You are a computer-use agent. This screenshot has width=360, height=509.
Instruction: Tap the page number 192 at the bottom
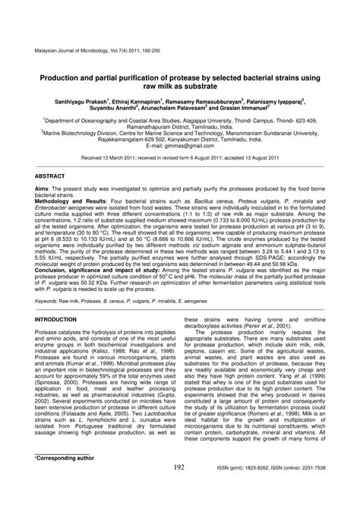tap(180, 488)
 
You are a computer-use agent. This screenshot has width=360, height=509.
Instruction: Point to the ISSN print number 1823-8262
tap(261, 490)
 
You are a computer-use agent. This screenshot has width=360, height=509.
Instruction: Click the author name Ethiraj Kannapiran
tap(145, 100)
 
